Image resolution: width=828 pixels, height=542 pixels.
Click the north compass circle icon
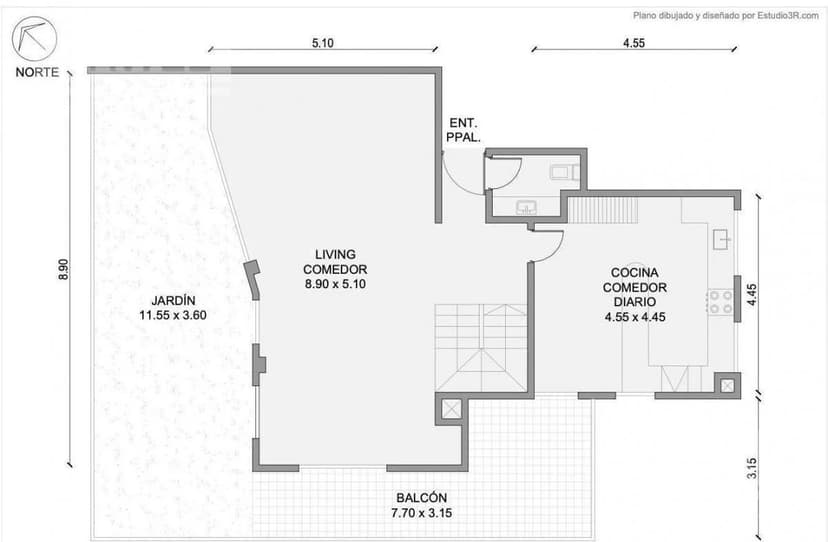[34, 39]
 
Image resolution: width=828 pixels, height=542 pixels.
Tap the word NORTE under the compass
[37, 71]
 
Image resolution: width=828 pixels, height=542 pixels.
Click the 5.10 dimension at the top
[322, 43]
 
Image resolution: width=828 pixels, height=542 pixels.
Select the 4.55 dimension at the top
[633, 43]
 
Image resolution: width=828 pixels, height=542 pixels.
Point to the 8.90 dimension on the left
[63, 270]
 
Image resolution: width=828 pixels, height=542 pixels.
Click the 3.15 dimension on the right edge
[751, 466]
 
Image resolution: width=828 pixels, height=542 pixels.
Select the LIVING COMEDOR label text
[335, 269]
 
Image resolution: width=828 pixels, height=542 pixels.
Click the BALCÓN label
[421, 505]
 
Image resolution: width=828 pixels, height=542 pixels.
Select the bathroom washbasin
[527, 208]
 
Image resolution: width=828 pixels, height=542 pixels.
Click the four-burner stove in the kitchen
[719, 302]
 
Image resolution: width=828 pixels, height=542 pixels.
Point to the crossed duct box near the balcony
[450, 408]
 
